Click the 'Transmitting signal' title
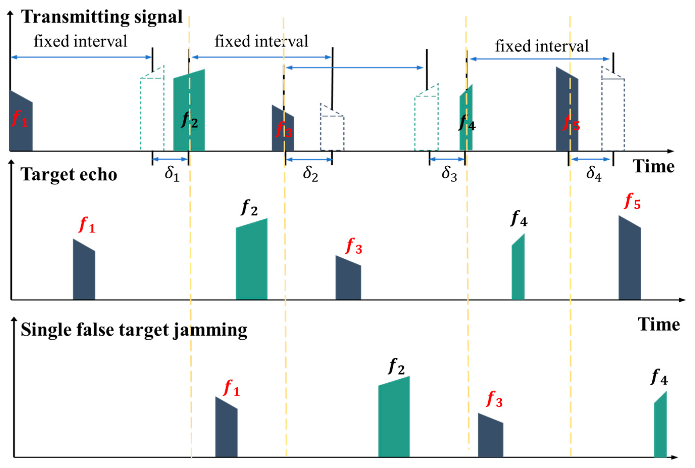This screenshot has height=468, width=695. (102, 17)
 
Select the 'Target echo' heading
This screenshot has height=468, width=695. (69, 174)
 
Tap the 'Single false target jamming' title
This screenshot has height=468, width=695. (134, 330)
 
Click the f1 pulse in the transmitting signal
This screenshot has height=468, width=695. (21, 125)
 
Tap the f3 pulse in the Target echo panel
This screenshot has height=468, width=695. (348, 279)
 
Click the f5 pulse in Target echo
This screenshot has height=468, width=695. (629, 260)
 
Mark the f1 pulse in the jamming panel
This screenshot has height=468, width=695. (226, 430)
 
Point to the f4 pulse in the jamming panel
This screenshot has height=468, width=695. (660, 427)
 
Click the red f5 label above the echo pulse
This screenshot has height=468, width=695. (632, 202)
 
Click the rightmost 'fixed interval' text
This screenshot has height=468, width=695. (542, 46)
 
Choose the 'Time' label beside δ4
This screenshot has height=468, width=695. (653, 166)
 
